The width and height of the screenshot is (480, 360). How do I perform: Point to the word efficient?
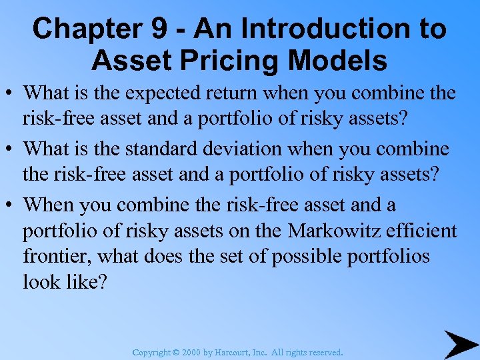(x=424, y=231)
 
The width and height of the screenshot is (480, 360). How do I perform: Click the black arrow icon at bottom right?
(x=460, y=345)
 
